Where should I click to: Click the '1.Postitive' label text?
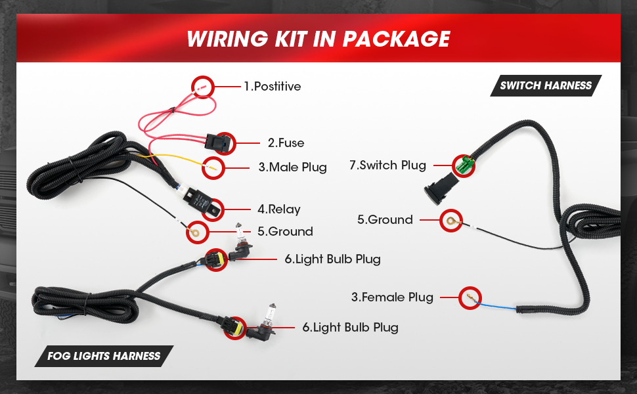pos(272,87)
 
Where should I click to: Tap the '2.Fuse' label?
pos(286,143)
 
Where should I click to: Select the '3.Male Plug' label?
pos(292,167)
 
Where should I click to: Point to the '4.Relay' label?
pos(279,209)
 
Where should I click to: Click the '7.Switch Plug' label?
pos(387,165)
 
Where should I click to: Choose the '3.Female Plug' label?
pos(392,297)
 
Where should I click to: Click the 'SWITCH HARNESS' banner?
pos(546,86)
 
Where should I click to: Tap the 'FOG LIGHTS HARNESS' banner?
pos(104,356)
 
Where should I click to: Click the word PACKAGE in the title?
pos(396,39)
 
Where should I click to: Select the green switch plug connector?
pos(465,165)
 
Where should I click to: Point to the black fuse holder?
pos(218,142)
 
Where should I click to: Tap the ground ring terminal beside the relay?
pos(196,232)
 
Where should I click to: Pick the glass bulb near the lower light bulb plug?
pos(270,314)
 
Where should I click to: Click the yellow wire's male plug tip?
pos(211,167)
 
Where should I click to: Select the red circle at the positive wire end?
pos(203,87)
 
